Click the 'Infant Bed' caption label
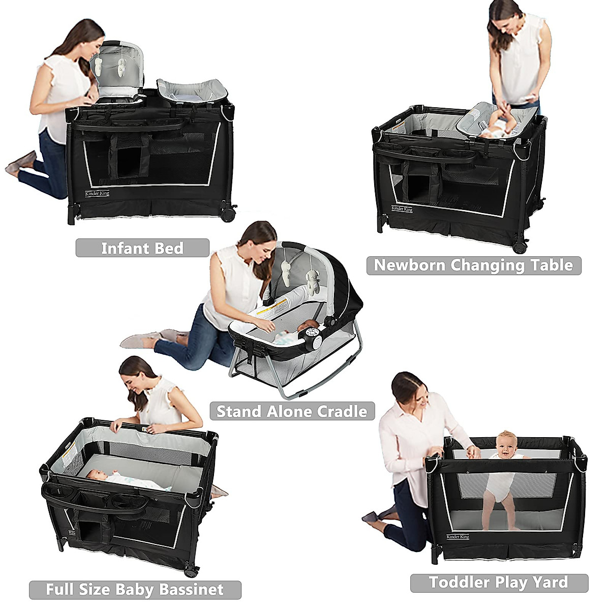(x=142, y=248)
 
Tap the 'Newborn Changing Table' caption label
(x=473, y=265)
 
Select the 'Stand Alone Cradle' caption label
(x=292, y=411)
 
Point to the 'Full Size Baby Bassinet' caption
(x=135, y=590)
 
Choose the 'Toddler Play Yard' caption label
(x=499, y=583)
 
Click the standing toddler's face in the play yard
(x=506, y=445)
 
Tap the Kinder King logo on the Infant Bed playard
(x=97, y=193)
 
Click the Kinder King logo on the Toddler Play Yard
(x=457, y=537)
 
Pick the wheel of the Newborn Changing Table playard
(x=520, y=248)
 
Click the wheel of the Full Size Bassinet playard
(x=191, y=571)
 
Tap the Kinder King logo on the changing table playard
(x=402, y=208)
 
